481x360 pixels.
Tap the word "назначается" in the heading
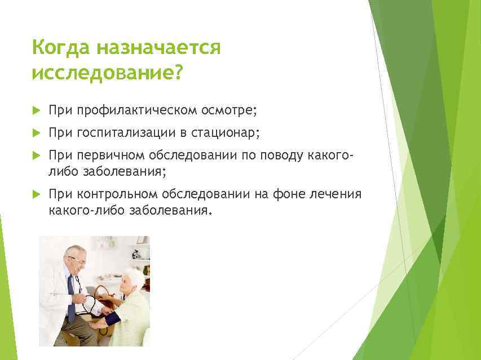coord(158,48)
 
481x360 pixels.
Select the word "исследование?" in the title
coord(107,73)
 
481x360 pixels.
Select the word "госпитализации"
coord(133,133)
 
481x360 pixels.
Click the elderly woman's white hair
coord(135,278)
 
